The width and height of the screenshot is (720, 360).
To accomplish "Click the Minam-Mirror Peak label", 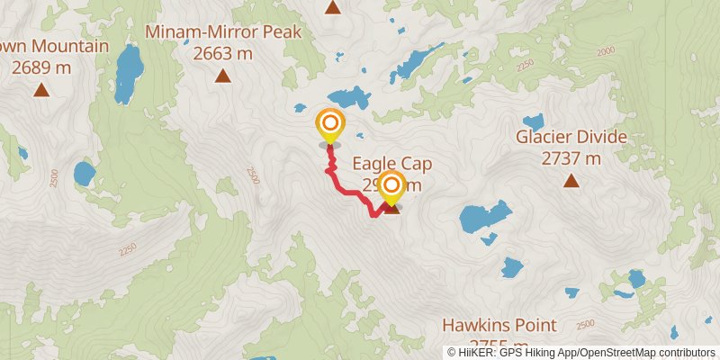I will [224, 32].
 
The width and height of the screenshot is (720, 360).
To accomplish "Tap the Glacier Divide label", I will [571, 138].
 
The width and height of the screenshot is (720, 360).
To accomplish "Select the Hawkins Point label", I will [499, 325].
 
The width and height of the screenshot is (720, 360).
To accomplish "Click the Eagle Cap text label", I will [392, 164].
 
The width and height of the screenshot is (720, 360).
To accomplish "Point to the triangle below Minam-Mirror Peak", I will [222, 76].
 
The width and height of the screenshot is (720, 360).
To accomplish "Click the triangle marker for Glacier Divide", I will [571, 181].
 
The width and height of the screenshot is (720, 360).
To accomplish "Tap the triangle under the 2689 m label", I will [41, 89].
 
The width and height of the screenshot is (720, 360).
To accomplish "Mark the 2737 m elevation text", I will [571, 159].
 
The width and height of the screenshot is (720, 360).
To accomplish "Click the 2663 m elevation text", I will [223, 53].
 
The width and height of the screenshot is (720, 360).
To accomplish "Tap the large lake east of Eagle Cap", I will [484, 217].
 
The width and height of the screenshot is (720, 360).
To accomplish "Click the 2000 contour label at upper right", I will [604, 51].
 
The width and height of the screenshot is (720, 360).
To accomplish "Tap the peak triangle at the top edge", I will [333, 8].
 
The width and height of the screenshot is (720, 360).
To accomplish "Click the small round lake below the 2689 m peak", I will [85, 172].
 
